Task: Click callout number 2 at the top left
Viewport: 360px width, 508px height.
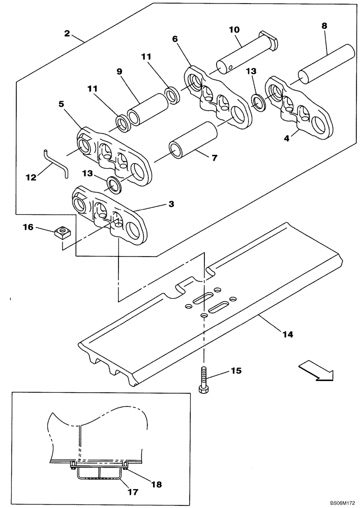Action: tap(67, 34)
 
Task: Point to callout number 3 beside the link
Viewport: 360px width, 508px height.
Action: tap(171, 204)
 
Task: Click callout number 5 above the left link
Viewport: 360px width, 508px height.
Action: tap(62, 104)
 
